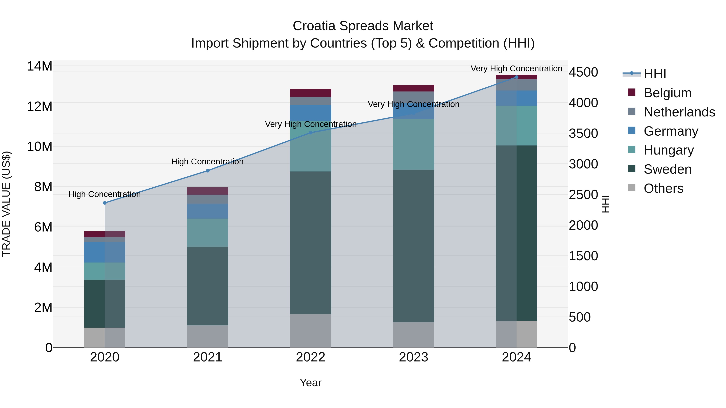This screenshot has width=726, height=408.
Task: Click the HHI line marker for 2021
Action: click(x=208, y=171)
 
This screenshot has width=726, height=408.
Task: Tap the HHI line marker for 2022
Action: click(x=311, y=133)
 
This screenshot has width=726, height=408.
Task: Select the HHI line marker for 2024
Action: click(x=516, y=77)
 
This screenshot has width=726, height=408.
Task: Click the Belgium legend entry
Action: click(x=667, y=93)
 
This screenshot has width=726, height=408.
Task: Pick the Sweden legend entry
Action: click(x=667, y=169)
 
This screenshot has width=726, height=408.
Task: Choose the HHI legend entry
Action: click(x=655, y=74)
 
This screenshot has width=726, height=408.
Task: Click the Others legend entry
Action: click(x=663, y=188)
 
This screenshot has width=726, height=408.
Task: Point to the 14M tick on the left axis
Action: click(x=40, y=66)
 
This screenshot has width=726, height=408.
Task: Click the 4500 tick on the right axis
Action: click(x=583, y=72)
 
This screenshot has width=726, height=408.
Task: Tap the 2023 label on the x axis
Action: click(x=413, y=357)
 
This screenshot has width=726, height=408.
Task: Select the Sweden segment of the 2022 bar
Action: click(x=311, y=242)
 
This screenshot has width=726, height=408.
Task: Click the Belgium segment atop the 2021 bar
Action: click(x=208, y=191)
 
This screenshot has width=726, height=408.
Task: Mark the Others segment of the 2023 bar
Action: click(x=413, y=335)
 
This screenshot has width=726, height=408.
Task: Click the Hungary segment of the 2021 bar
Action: click(x=208, y=233)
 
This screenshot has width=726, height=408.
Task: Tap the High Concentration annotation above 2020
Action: click(x=104, y=194)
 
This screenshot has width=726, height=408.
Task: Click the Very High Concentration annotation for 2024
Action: click(x=516, y=69)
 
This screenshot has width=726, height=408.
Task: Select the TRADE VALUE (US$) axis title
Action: click(x=6, y=204)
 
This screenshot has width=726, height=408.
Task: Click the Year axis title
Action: click(x=311, y=383)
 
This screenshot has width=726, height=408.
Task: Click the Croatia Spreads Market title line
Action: click(x=363, y=26)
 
